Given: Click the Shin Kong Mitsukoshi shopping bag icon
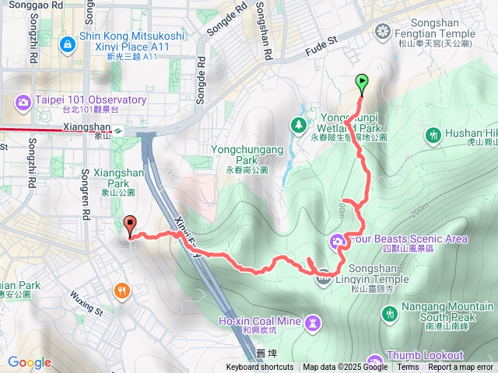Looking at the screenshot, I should point(68,44).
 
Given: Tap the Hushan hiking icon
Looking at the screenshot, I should point(433,137).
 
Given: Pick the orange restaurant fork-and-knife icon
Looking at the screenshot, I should point(122,292).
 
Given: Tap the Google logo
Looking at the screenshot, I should point(29,362).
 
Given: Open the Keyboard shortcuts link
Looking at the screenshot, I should point(260,368).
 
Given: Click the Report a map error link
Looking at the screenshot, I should point(461,368).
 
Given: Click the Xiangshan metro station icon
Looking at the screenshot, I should point(117,131).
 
